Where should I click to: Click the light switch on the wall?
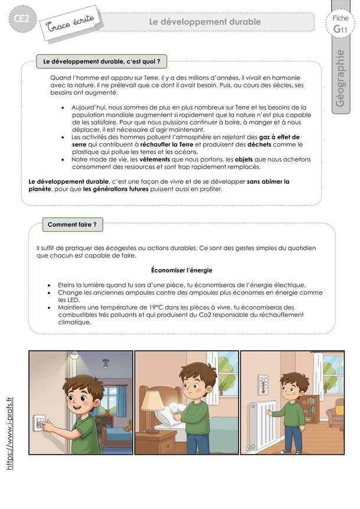click(40, 422)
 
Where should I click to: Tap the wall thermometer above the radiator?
click(263, 384)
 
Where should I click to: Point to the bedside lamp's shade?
click(152, 402)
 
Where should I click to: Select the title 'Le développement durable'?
click(204, 22)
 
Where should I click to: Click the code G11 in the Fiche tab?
click(340, 29)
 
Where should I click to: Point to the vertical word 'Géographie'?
click(339, 78)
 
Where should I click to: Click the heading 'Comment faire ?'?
click(71, 224)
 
